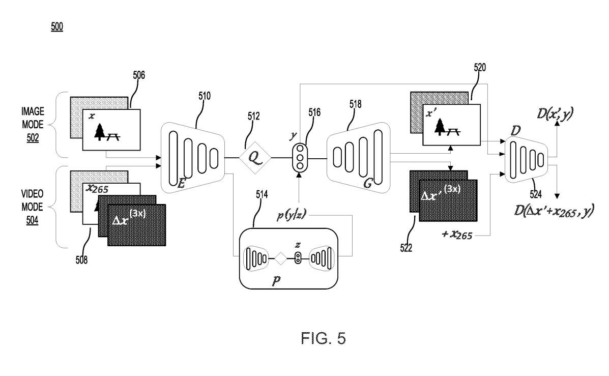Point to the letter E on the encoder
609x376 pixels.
pos(181,185)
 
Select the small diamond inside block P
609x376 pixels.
pos(280,258)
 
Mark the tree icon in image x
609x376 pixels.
pos(100,132)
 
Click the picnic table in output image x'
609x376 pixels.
pos(453,131)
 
